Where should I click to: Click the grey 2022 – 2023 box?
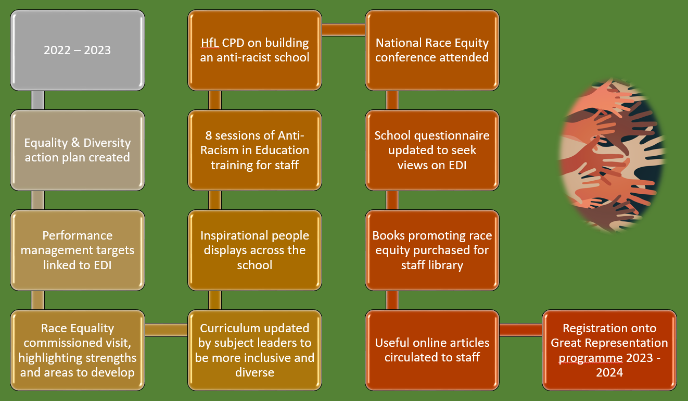(78, 50)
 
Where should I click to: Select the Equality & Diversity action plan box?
(78, 151)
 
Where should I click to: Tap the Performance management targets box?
(78, 250)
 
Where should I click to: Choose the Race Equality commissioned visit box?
(78, 350)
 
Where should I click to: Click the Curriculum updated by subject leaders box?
(254, 350)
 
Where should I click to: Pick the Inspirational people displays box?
(254, 250)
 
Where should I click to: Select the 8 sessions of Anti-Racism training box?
(254, 151)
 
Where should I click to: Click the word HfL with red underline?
(210, 43)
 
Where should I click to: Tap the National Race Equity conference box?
(432, 50)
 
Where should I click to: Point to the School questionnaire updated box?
(432, 151)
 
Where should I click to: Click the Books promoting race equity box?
(432, 250)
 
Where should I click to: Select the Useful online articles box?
(432, 350)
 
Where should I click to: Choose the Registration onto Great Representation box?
(609, 350)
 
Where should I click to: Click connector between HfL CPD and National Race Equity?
(343, 30)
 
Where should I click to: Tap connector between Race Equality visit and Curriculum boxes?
(166, 330)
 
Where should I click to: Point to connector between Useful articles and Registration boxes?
(521, 330)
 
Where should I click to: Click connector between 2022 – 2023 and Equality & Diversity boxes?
(38, 100)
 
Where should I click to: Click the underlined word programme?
(591, 358)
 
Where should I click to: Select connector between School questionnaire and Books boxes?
(392, 200)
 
